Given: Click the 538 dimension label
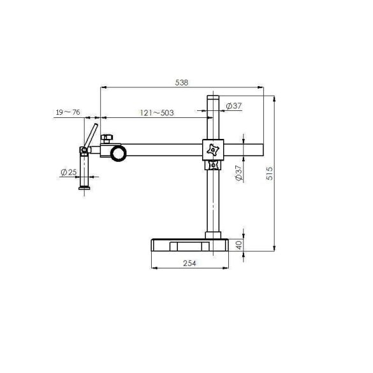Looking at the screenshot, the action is [x=182, y=82].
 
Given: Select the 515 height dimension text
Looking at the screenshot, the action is [x=270, y=173].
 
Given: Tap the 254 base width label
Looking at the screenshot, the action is [x=189, y=263].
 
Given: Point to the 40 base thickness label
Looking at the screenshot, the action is [x=239, y=245].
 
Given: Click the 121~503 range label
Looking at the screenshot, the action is [x=157, y=112].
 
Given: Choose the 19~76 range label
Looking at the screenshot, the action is [x=68, y=112].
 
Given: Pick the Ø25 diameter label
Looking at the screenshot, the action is [x=69, y=172].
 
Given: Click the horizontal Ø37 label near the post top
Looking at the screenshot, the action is [x=233, y=106].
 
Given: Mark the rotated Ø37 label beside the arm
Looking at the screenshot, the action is [x=239, y=173].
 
